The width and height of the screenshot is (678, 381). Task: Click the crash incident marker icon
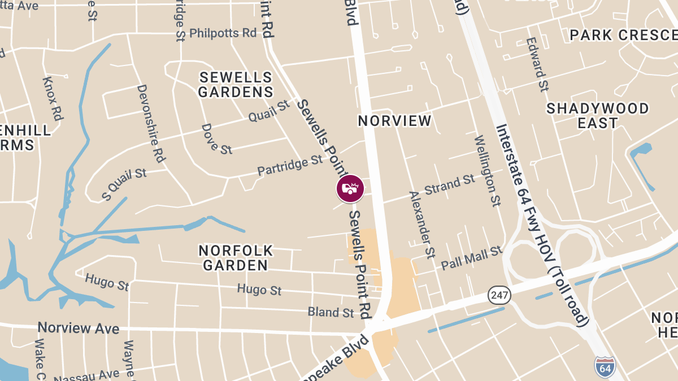click(350, 189)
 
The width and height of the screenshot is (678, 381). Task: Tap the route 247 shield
click(499, 295)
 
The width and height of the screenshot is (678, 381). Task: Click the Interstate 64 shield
click(604, 367)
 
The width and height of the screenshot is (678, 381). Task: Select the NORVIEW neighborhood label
click(395, 121)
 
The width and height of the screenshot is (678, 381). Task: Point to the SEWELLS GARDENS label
click(236, 85)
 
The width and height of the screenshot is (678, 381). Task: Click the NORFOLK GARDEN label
click(236, 257)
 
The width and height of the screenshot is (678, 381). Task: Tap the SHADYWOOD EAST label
click(598, 115)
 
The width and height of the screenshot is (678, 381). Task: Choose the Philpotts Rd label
click(223, 33)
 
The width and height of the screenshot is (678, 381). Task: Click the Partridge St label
click(290, 166)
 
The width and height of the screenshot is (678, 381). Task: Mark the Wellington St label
click(487, 170)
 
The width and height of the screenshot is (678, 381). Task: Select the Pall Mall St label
click(471, 257)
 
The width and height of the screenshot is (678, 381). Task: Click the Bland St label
click(331, 312)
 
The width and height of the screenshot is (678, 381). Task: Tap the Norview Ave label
click(79, 329)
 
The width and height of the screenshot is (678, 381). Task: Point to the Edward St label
click(537, 65)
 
